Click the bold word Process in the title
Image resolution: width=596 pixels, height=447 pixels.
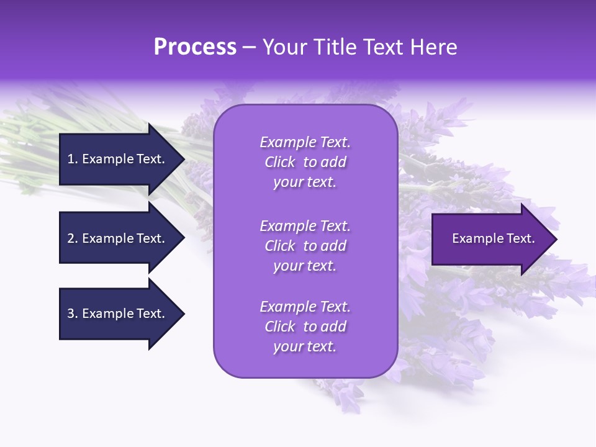(x=195, y=47)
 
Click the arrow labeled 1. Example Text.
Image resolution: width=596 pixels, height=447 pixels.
(x=118, y=159)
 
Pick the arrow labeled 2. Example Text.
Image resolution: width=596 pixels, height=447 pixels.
(x=118, y=238)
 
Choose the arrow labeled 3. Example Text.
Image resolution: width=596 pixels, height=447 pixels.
(x=118, y=314)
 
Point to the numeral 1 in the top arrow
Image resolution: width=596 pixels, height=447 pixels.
(x=70, y=159)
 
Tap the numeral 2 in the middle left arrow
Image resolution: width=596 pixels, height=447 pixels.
(x=71, y=238)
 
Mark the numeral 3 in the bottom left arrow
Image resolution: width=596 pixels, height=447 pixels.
(x=71, y=314)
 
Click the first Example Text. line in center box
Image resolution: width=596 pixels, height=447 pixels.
(x=305, y=142)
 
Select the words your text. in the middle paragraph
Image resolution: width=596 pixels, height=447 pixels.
(x=305, y=266)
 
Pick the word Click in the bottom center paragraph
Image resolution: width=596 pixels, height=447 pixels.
(x=280, y=327)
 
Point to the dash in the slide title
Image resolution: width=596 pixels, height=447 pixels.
(x=250, y=48)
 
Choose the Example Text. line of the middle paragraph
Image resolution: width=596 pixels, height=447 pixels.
(x=305, y=226)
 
